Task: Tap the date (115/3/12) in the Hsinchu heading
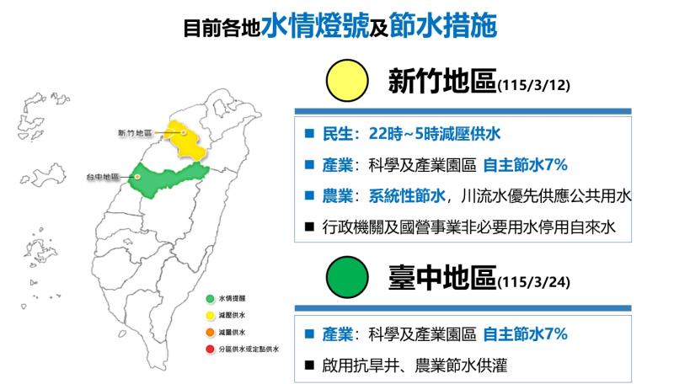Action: [538, 86]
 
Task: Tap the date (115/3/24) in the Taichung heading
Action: [538, 280]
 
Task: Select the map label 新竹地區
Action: [135, 133]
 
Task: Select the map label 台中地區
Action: [102, 178]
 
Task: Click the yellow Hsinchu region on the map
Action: [185, 137]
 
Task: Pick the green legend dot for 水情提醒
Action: [209, 299]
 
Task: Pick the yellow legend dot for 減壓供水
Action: [209, 315]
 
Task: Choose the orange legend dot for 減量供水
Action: [209, 331]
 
